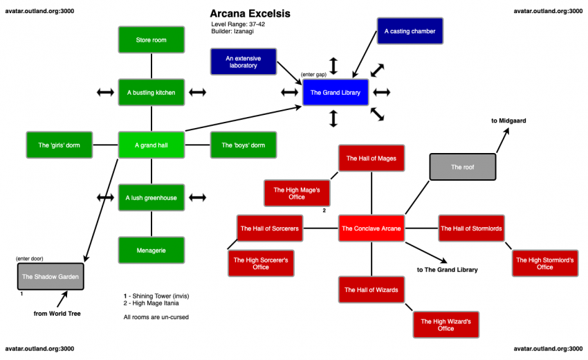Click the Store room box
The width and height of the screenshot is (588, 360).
[x=151, y=40]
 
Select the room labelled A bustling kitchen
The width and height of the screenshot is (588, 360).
[x=151, y=92]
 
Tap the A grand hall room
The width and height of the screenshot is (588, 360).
[x=151, y=145]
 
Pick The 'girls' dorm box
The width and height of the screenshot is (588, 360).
[x=58, y=145]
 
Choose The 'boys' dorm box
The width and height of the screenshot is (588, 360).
[x=243, y=145]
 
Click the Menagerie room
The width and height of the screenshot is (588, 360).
[x=151, y=250]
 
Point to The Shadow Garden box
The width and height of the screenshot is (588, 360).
[x=50, y=276]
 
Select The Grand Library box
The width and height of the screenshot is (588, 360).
[x=336, y=93]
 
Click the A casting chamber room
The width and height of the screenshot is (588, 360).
[x=410, y=31]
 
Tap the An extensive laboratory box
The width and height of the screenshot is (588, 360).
[x=243, y=62]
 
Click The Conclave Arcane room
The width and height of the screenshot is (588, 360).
[x=371, y=228]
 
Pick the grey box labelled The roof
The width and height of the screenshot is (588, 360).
[x=462, y=167]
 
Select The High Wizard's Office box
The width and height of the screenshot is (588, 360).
[x=445, y=325]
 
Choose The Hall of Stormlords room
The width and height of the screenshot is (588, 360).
[x=471, y=228]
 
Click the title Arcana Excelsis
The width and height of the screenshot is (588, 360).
[x=250, y=14]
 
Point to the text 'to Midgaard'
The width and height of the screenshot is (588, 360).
[x=508, y=120]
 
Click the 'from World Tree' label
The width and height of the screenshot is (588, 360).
[x=57, y=314]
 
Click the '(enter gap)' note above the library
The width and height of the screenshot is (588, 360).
[x=313, y=74]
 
